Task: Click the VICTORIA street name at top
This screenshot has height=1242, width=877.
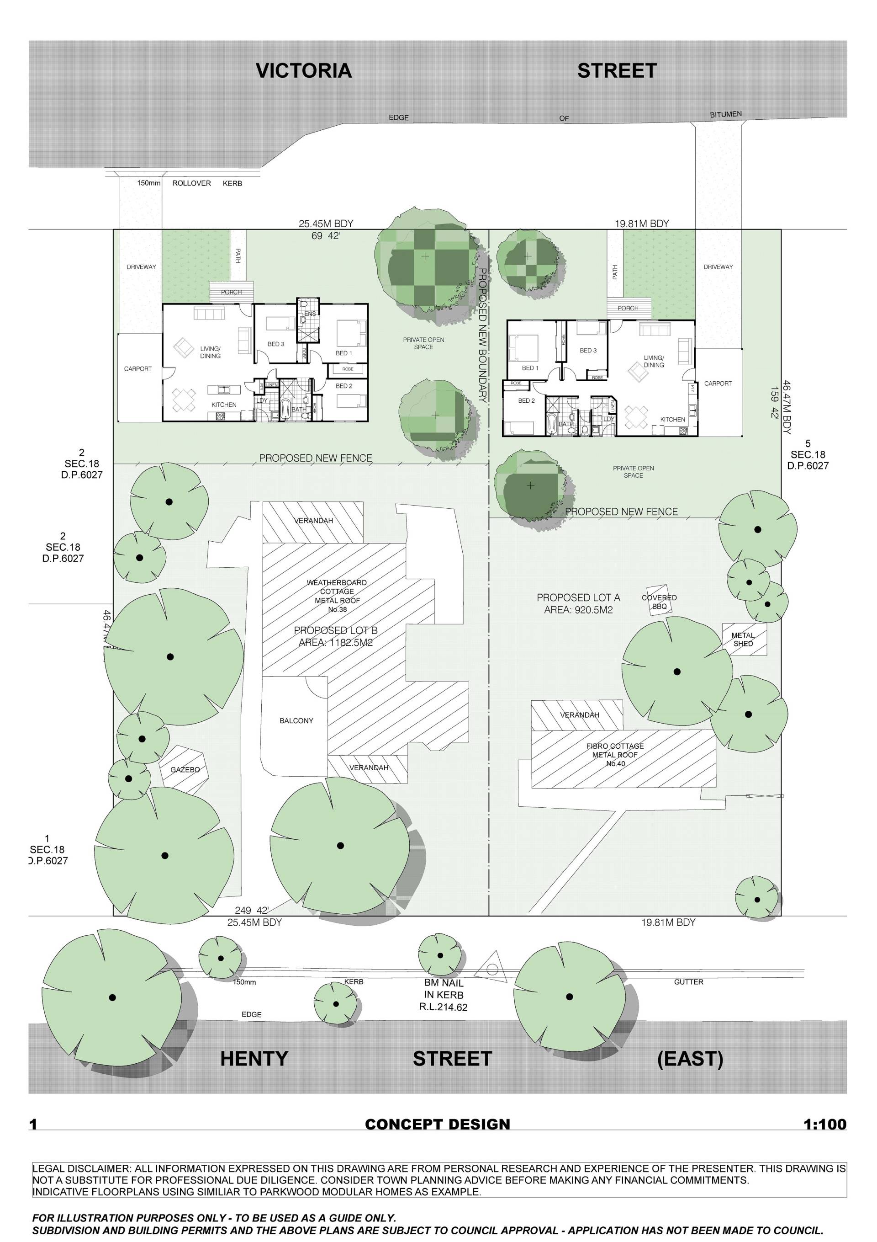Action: point(303,71)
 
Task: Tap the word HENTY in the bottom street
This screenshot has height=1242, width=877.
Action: point(254,1058)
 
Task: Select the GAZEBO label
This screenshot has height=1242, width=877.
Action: point(185,769)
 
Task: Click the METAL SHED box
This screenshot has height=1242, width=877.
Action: point(744,640)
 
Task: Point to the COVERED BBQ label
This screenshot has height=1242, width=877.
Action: point(659,602)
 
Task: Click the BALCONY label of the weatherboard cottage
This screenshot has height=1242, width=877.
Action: point(296,720)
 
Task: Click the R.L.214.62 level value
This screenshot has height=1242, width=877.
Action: point(444,1007)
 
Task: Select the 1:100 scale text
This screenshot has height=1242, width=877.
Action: point(824,1124)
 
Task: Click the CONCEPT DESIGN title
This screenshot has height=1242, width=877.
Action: point(438,1124)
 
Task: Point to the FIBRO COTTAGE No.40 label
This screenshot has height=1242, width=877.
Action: point(615,755)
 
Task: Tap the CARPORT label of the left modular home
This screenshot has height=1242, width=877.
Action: point(138,369)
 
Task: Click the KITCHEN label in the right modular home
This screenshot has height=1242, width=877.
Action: point(673,419)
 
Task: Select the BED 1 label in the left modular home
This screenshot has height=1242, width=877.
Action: point(344,353)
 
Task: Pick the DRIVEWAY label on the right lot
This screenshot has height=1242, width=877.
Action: point(718,267)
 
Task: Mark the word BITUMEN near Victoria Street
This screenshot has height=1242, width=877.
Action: point(726,115)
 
